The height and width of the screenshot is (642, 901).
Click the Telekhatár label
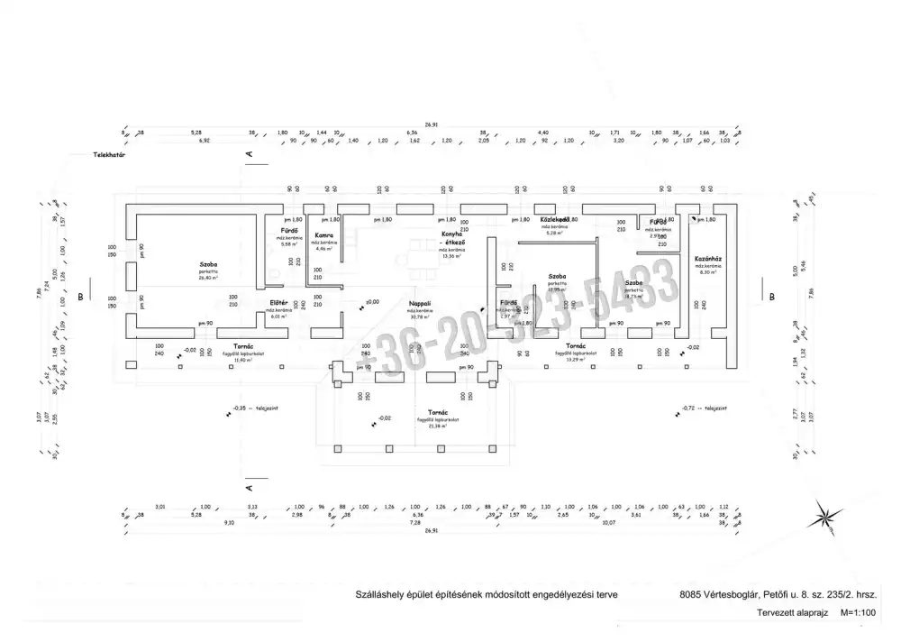[108, 155]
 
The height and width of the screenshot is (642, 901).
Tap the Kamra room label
[324, 236]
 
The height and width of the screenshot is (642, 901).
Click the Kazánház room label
[707, 259]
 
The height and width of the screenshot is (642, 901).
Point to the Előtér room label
[278, 302]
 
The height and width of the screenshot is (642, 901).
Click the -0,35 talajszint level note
[255, 408]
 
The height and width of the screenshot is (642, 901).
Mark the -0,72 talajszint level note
[704, 408]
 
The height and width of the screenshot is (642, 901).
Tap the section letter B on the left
[80, 296]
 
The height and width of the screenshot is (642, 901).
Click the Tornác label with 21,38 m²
[438, 411]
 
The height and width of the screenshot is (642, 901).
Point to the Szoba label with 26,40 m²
[209, 265]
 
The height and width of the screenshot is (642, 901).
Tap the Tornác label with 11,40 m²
[242, 346]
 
